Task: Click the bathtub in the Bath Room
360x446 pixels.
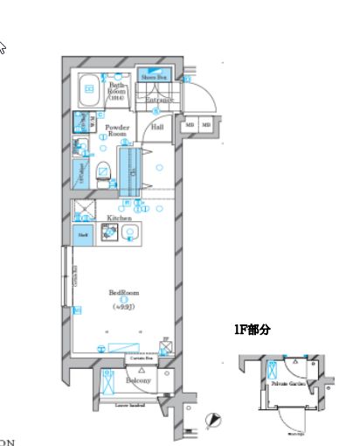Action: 90,87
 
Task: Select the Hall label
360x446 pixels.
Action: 158,128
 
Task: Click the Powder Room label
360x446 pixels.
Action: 117,131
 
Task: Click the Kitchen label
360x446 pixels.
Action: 119,218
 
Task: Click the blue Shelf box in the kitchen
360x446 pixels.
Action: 83,233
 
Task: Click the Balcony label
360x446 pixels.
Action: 138,381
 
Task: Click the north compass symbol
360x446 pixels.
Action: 211,422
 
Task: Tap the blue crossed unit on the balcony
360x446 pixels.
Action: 107,382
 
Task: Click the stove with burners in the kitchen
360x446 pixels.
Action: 109,233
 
